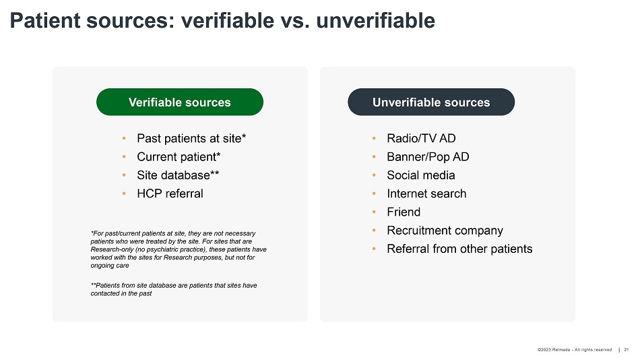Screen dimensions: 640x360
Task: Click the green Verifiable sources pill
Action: [x=180, y=102]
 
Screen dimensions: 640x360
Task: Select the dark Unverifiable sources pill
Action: [x=431, y=102]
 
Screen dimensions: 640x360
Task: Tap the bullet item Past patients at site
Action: [x=191, y=138]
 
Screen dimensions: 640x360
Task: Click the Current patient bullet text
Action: [x=179, y=157]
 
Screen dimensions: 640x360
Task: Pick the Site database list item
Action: [x=178, y=175]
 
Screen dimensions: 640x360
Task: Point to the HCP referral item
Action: [x=170, y=193]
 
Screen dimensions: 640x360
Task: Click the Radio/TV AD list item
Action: [x=421, y=138]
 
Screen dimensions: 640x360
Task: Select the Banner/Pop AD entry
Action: [x=428, y=157]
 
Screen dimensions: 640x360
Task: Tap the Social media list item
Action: [x=421, y=175]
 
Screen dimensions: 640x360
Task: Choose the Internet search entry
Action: [x=426, y=193]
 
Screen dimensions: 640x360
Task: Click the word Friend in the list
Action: [x=404, y=212]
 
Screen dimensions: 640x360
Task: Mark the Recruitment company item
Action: [x=445, y=231]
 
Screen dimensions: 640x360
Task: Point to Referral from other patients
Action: [x=459, y=249]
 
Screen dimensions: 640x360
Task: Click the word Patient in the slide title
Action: [x=45, y=20]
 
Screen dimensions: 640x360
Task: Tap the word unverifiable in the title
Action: [x=375, y=20]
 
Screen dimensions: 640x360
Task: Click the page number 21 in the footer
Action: [x=626, y=350]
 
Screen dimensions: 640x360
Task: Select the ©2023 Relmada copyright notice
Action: [x=574, y=350]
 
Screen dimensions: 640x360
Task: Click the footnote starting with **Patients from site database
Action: [x=174, y=289]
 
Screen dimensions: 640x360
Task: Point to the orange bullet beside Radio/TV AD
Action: [x=374, y=138]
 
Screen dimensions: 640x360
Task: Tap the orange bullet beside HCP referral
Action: [x=124, y=193]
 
